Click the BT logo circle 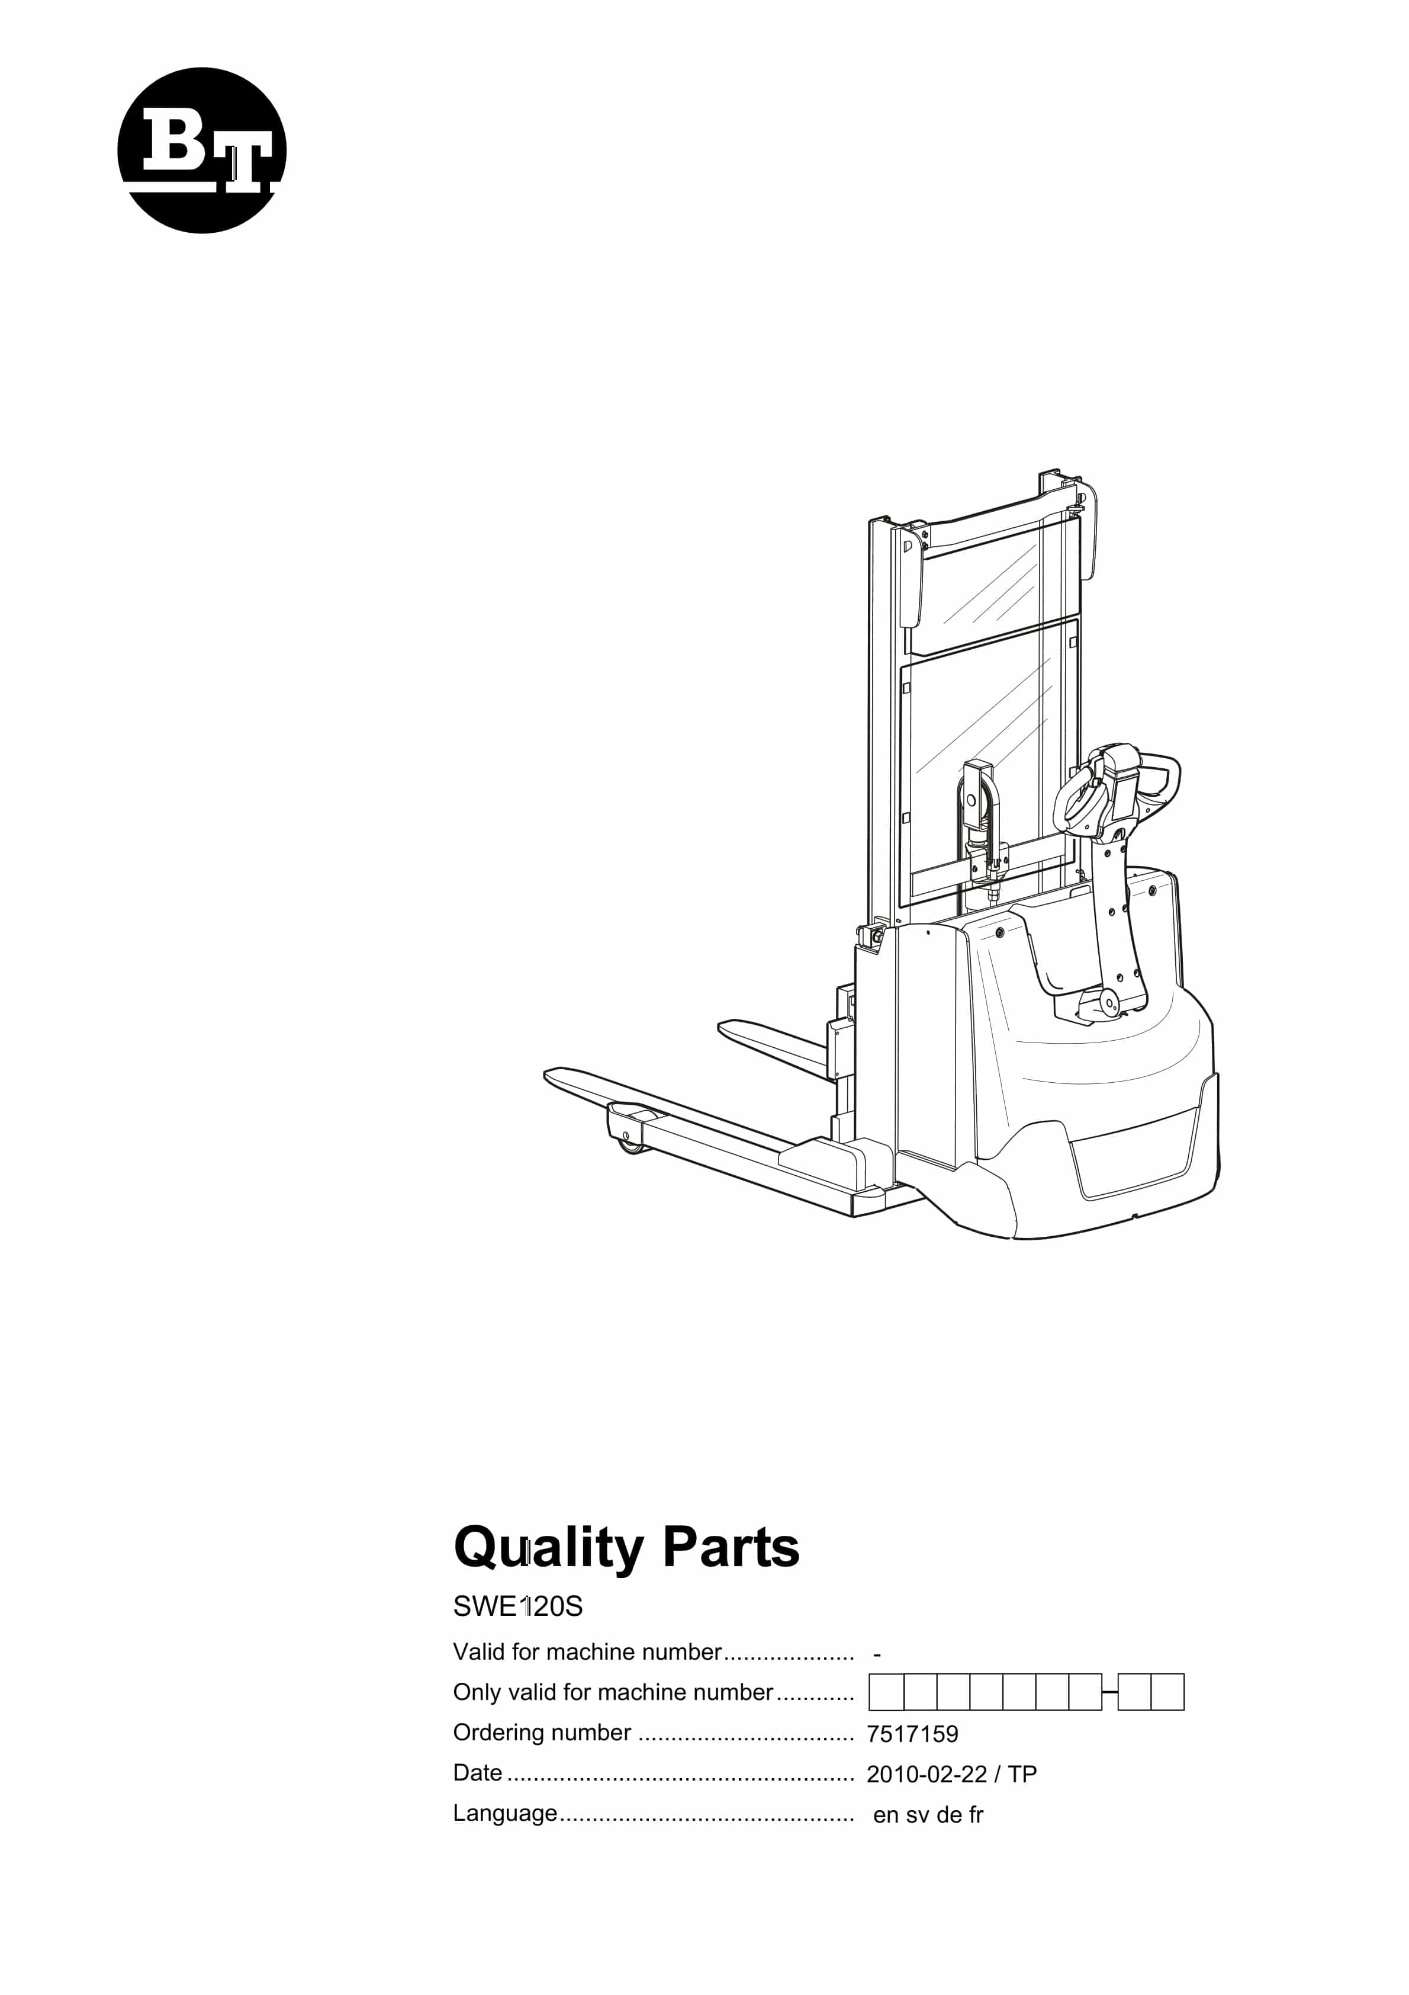point(201,150)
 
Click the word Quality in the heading point(549,1549)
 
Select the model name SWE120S point(518,1606)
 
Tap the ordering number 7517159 point(912,1734)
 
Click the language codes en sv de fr point(928,1815)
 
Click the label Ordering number point(542,1733)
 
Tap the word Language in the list point(506,1814)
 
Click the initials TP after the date point(1022,1774)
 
